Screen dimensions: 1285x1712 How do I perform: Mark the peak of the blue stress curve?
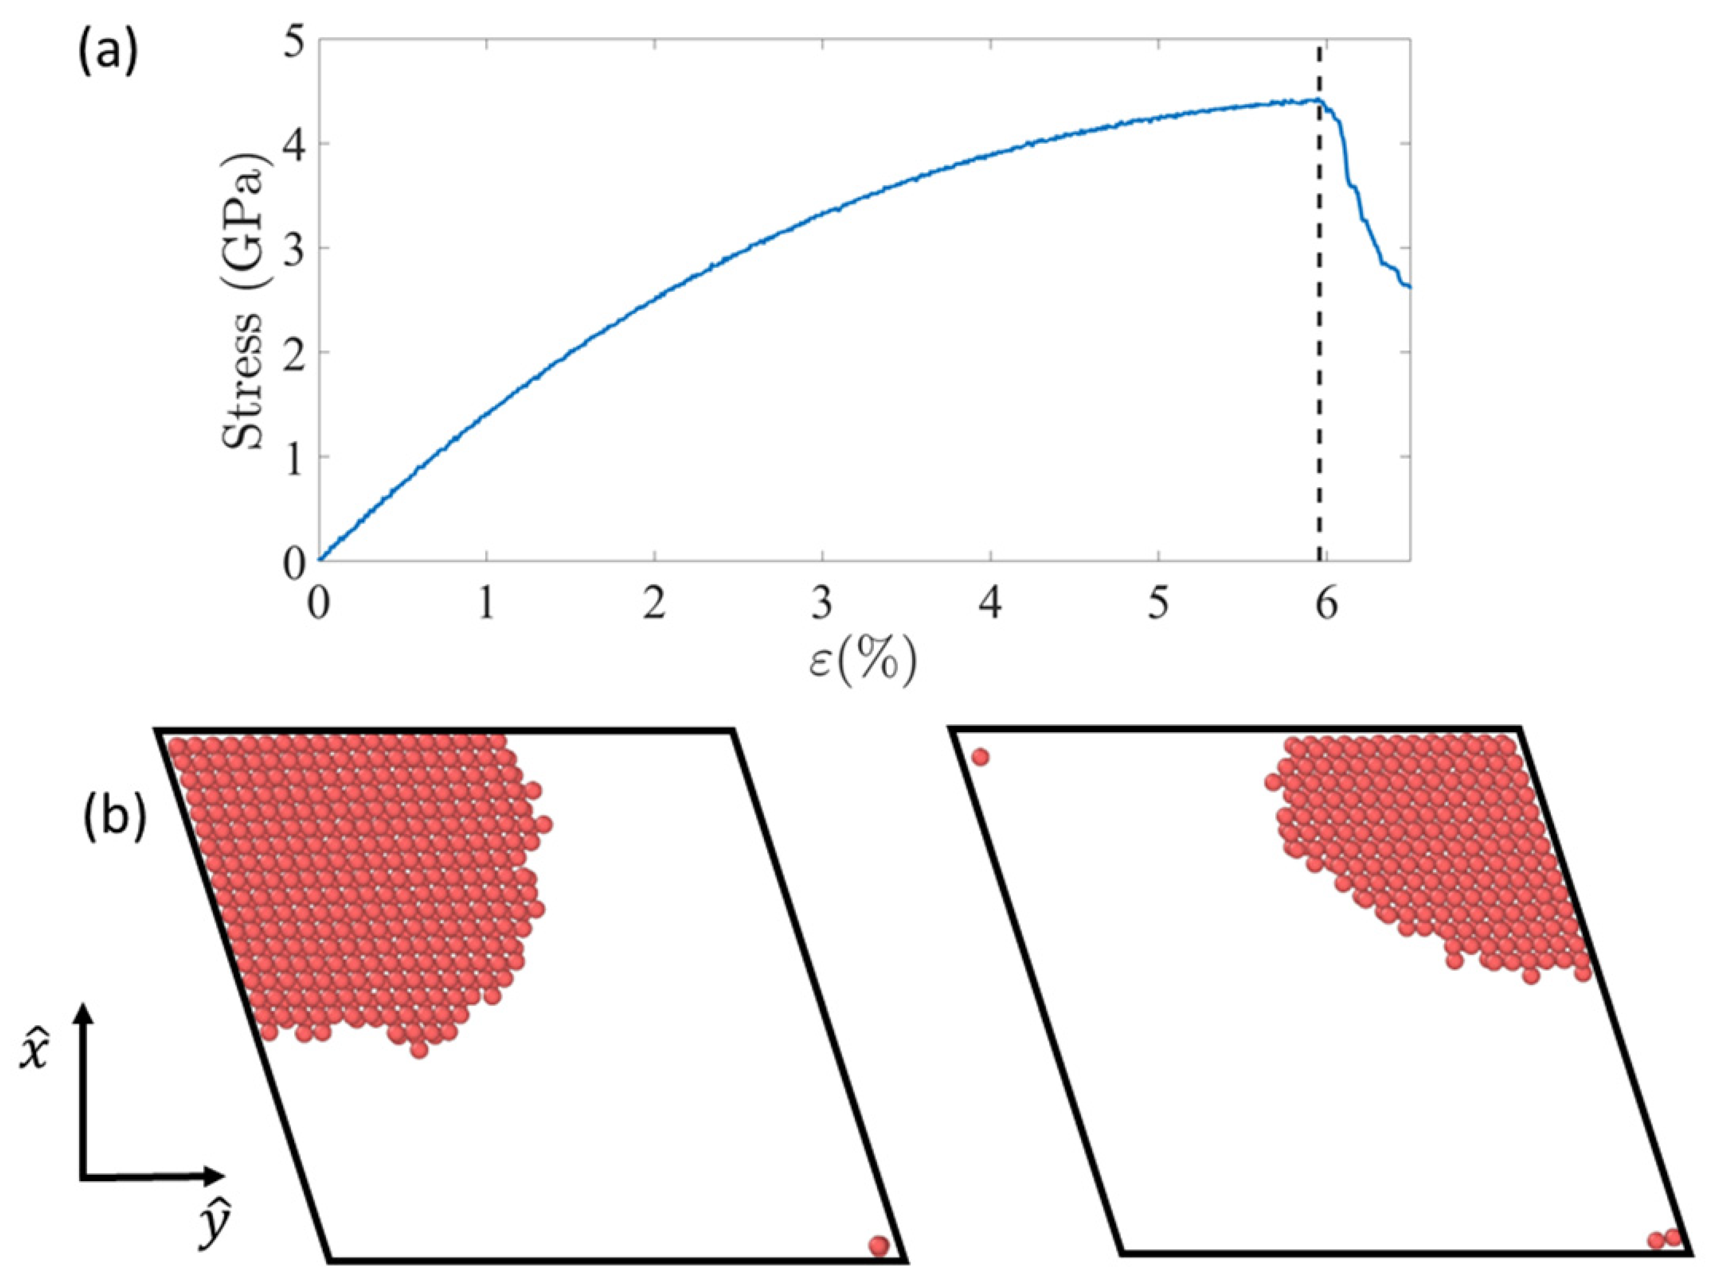[x=1316, y=99]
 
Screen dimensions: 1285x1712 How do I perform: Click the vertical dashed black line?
[x=1320, y=348]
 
